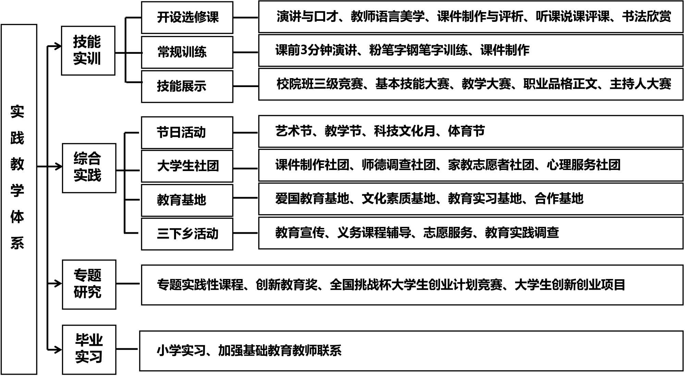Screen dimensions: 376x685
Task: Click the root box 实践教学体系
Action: click(x=19, y=199)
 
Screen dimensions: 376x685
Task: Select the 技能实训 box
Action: click(x=88, y=50)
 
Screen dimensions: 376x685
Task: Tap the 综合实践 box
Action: click(x=89, y=168)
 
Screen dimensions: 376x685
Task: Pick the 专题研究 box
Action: click(x=89, y=284)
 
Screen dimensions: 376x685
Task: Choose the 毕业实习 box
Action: click(x=89, y=350)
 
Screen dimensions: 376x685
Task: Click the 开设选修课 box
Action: click(x=187, y=17)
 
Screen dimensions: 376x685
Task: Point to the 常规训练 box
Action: click(x=187, y=52)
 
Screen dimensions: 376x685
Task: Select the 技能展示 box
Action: click(x=187, y=86)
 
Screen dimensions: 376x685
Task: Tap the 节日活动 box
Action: click(x=187, y=133)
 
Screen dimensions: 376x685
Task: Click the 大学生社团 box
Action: click(x=187, y=166)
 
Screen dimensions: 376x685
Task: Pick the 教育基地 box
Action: click(x=187, y=200)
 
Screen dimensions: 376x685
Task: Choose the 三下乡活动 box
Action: click(x=187, y=234)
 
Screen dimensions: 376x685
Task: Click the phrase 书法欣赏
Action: click(x=646, y=16)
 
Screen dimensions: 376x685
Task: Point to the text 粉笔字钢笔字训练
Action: click(x=418, y=50)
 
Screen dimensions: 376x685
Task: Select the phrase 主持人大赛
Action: click(x=640, y=84)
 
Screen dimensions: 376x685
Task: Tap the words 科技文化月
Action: click(x=404, y=131)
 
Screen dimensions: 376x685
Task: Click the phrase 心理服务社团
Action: click(x=583, y=165)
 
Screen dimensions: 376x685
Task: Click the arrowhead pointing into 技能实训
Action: click(x=58, y=46)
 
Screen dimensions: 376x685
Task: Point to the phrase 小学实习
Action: click(x=181, y=351)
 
